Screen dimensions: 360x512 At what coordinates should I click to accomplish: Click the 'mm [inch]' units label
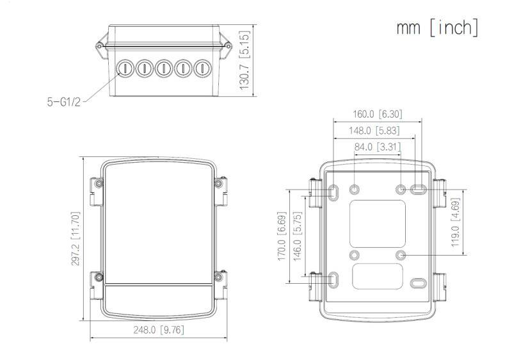point(436,28)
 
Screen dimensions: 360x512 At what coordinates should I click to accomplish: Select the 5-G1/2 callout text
point(63,101)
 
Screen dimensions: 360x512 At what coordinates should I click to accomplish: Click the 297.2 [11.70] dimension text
point(76,238)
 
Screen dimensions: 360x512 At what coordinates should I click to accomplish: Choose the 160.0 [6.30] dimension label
point(377,114)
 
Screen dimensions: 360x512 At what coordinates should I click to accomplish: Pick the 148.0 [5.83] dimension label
point(377,130)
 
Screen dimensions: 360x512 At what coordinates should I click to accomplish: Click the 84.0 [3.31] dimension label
point(378,147)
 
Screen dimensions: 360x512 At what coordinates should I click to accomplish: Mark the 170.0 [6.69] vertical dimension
point(282,236)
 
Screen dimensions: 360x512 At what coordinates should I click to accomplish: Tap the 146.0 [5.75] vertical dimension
point(297,236)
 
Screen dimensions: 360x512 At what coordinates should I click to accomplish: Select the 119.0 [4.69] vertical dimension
point(455,222)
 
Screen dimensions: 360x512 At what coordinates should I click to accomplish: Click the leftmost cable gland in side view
point(125,68)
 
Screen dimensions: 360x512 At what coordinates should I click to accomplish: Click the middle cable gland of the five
point(164,68)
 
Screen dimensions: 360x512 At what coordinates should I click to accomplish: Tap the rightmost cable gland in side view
point(202,68)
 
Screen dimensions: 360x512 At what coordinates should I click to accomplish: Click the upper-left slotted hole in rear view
point(335,191)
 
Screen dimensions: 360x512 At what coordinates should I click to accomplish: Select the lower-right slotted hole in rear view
point(419,283)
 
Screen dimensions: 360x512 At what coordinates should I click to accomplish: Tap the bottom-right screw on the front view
point(219,277)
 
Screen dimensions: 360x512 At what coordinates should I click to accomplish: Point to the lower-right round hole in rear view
point(401,255)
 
